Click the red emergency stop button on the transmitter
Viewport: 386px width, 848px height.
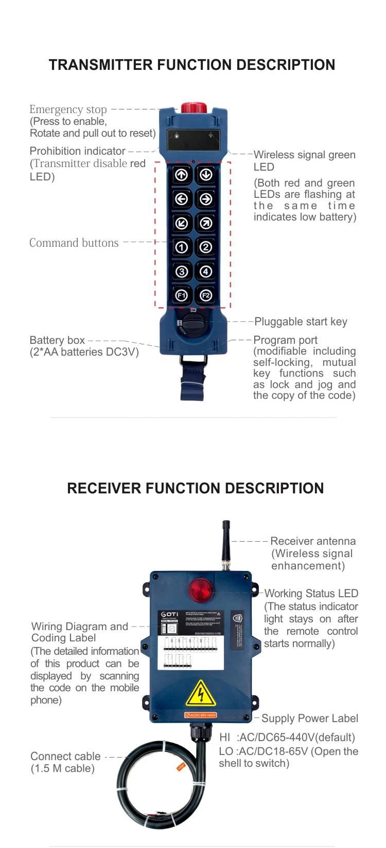click(x=194, y=107)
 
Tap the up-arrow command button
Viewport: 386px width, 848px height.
click(x=182, y=175)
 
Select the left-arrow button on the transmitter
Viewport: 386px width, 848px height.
click(x=182, y=199)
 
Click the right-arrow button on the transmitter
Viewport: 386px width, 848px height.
click(x=206, y=199)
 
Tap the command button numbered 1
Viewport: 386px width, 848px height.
click(x=182, y=247)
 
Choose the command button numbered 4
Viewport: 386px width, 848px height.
click(x=206, y=271)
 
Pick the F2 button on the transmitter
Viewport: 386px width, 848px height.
click(x=206, y=296)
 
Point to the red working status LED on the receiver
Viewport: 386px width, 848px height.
click(x=200, y=589)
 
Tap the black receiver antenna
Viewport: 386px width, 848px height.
click(x=225, y=545)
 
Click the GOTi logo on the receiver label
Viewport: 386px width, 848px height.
click(x=170, y=614)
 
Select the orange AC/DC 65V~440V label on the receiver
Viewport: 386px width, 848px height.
click(x=201, y=715)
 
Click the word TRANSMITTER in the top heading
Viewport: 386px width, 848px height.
click(x=101, y=65)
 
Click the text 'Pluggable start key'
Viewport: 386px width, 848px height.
click(x=301, y=322)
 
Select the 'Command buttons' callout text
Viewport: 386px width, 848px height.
click(x=74, y=243)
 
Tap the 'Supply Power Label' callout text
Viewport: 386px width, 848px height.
click(x=310, y=718)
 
